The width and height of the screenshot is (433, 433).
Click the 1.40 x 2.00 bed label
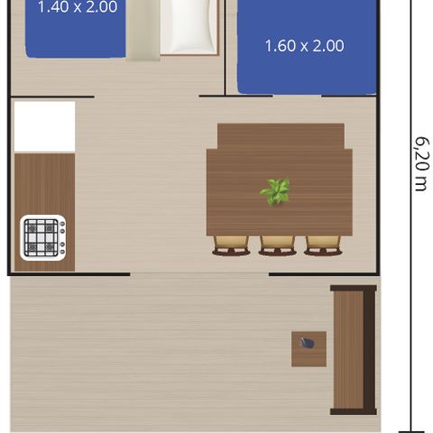click(x=77, y=7)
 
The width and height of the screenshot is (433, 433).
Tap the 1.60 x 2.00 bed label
click(x=304, y=46)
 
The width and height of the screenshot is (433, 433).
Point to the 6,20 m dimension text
click(x=419, y=164)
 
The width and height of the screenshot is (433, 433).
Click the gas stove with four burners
click(x=41, y=236)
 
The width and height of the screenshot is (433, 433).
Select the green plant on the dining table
click(x=276, y=190)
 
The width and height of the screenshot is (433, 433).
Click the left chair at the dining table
click(x=231, y=244)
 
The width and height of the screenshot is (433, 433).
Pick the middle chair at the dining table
click(x=277, y=244)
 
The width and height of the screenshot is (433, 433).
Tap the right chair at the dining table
click(x=323, y=244)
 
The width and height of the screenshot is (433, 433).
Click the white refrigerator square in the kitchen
click(x=44, y=126)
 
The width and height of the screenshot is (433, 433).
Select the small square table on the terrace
click(x=309, y=348)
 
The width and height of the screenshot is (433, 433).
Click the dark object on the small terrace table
click(x=309, y=344)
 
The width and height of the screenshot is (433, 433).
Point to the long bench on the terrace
click(x=351, y=350)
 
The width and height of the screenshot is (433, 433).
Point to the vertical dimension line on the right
click(x=411, y=226)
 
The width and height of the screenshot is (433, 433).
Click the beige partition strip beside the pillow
click(x=143, y=29)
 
